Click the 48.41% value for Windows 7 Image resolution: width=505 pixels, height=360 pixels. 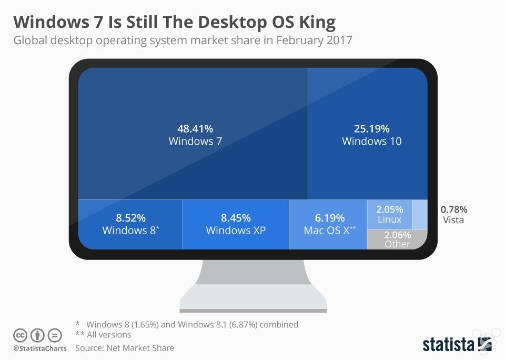[x=195, y=128]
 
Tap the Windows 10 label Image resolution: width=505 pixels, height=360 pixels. [x=371, y=141]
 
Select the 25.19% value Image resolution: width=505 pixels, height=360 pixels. [x=371, y=128]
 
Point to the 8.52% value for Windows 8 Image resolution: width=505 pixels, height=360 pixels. [x=130, y=218]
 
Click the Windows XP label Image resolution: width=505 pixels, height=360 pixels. [x=236, y=231]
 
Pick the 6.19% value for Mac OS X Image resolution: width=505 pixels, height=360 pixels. [x=330, y=218]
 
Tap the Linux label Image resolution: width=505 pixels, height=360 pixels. [x=389, y=219]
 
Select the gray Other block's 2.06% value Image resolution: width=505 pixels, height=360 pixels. [x=397, y=235]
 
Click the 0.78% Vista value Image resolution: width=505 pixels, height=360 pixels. [x=453, y=209]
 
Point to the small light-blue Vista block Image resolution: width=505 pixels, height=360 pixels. [x=419, y=214]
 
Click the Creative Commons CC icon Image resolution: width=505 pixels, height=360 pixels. [x=21, y=335]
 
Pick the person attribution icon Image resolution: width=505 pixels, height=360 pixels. [x=37, y=335]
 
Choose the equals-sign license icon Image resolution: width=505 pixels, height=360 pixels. [x=54, y=335]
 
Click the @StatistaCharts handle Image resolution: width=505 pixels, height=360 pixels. [x=39, y=348]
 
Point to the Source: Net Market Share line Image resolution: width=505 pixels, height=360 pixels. [x=124, y=348]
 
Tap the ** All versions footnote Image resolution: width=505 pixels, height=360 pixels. [x=104, y=335]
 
